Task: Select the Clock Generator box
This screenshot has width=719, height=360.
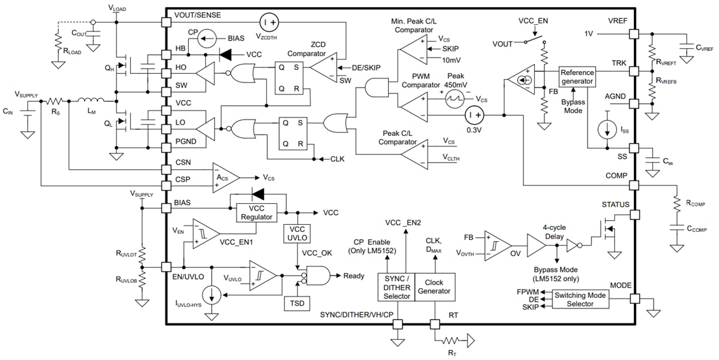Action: coord(434,287)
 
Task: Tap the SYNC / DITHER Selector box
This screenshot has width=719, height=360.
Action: coord(397,287)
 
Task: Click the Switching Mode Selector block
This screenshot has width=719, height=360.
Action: coord(580,300)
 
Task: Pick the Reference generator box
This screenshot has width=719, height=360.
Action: coord(578,77)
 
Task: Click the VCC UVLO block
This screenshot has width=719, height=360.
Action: coord(297,234)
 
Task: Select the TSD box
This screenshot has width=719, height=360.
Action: coord(297,304)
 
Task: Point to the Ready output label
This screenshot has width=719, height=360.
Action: coord(354,276)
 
